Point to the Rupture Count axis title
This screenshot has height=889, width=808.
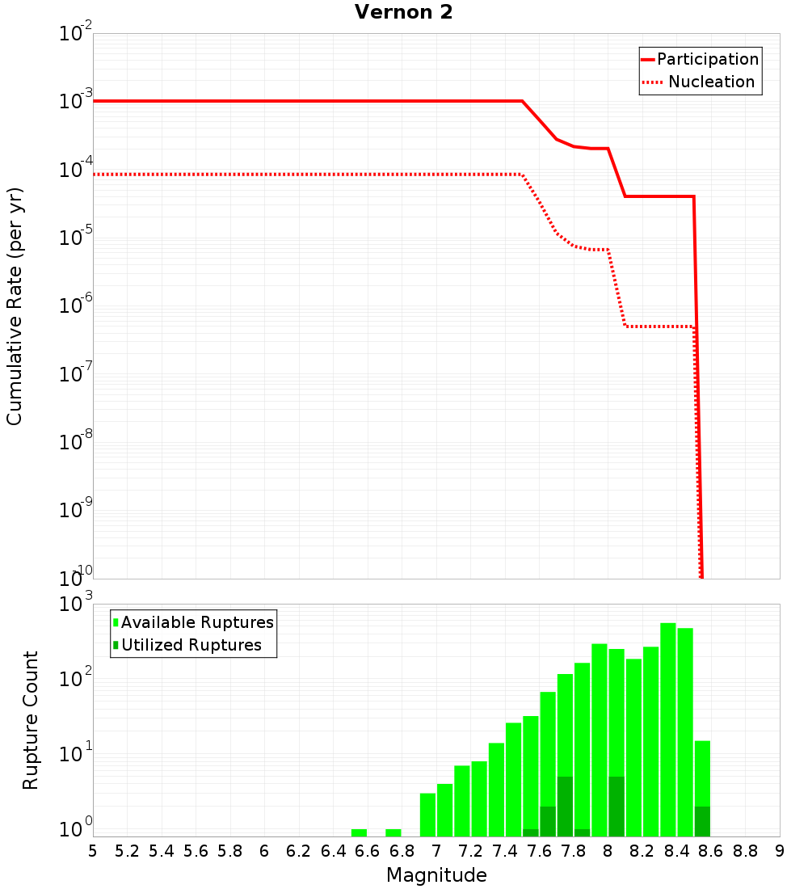(31, 720)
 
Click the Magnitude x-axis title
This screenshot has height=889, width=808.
(436, 875)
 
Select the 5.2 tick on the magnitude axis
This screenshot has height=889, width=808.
(127, 851)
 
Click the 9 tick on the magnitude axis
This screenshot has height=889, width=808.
(779, 851)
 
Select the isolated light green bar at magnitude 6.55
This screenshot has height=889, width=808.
(359, 832)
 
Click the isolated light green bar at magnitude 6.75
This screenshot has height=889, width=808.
(393, 832)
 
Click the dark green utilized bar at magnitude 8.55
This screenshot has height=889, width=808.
(702, 821)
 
